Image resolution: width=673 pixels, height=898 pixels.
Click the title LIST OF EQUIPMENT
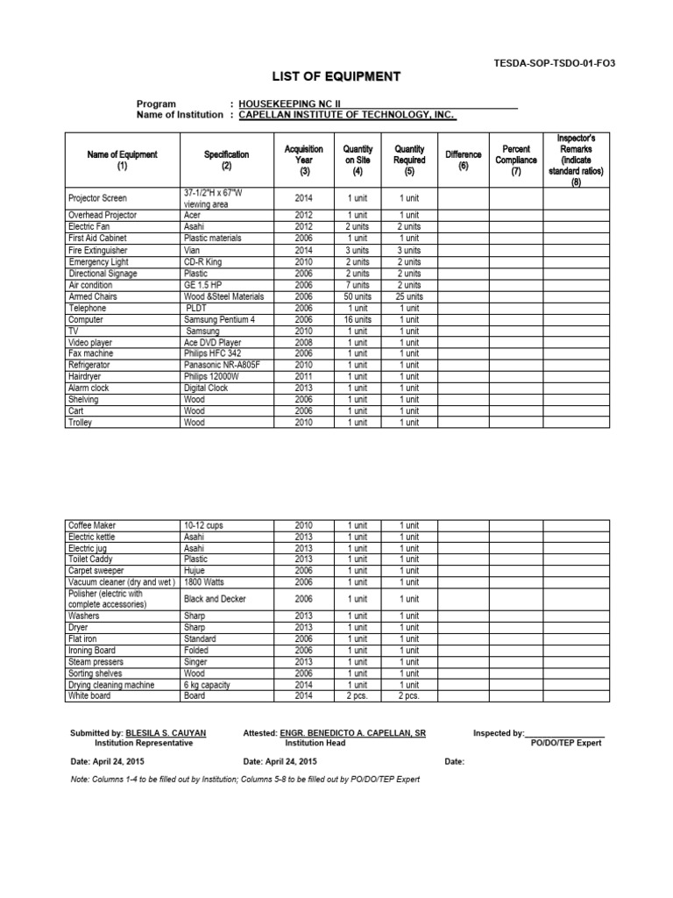point(336,77)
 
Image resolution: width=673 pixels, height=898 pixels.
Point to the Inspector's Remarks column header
point(576,160)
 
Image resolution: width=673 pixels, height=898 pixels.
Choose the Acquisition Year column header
point(303,160)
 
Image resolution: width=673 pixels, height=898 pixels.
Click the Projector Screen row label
point(97,198)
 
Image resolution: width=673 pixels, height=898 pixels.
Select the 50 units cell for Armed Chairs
point(357,297)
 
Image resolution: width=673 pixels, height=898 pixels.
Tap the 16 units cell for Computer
point(357,320)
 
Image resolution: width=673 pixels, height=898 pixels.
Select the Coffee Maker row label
point(92,525)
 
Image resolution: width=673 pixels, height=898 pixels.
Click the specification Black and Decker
point(215,599)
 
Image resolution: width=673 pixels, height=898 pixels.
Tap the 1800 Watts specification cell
point(208,581)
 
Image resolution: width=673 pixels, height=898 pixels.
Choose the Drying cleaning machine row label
point(111,685)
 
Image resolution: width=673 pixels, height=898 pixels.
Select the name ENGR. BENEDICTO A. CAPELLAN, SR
point(352,732)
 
